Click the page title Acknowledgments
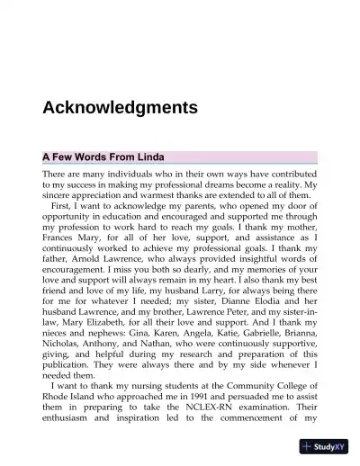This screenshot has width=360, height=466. pos(120,108)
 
